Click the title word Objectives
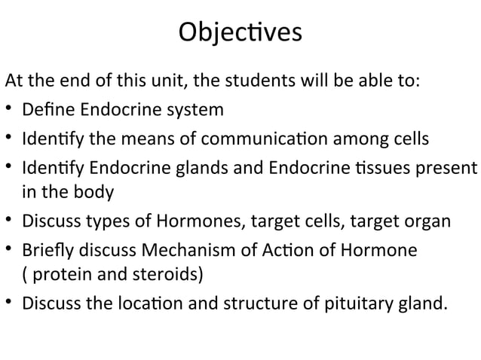[x=240, y=33]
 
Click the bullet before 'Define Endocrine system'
[x=10, y=111]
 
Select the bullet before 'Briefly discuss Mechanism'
[x=10, y=249]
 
